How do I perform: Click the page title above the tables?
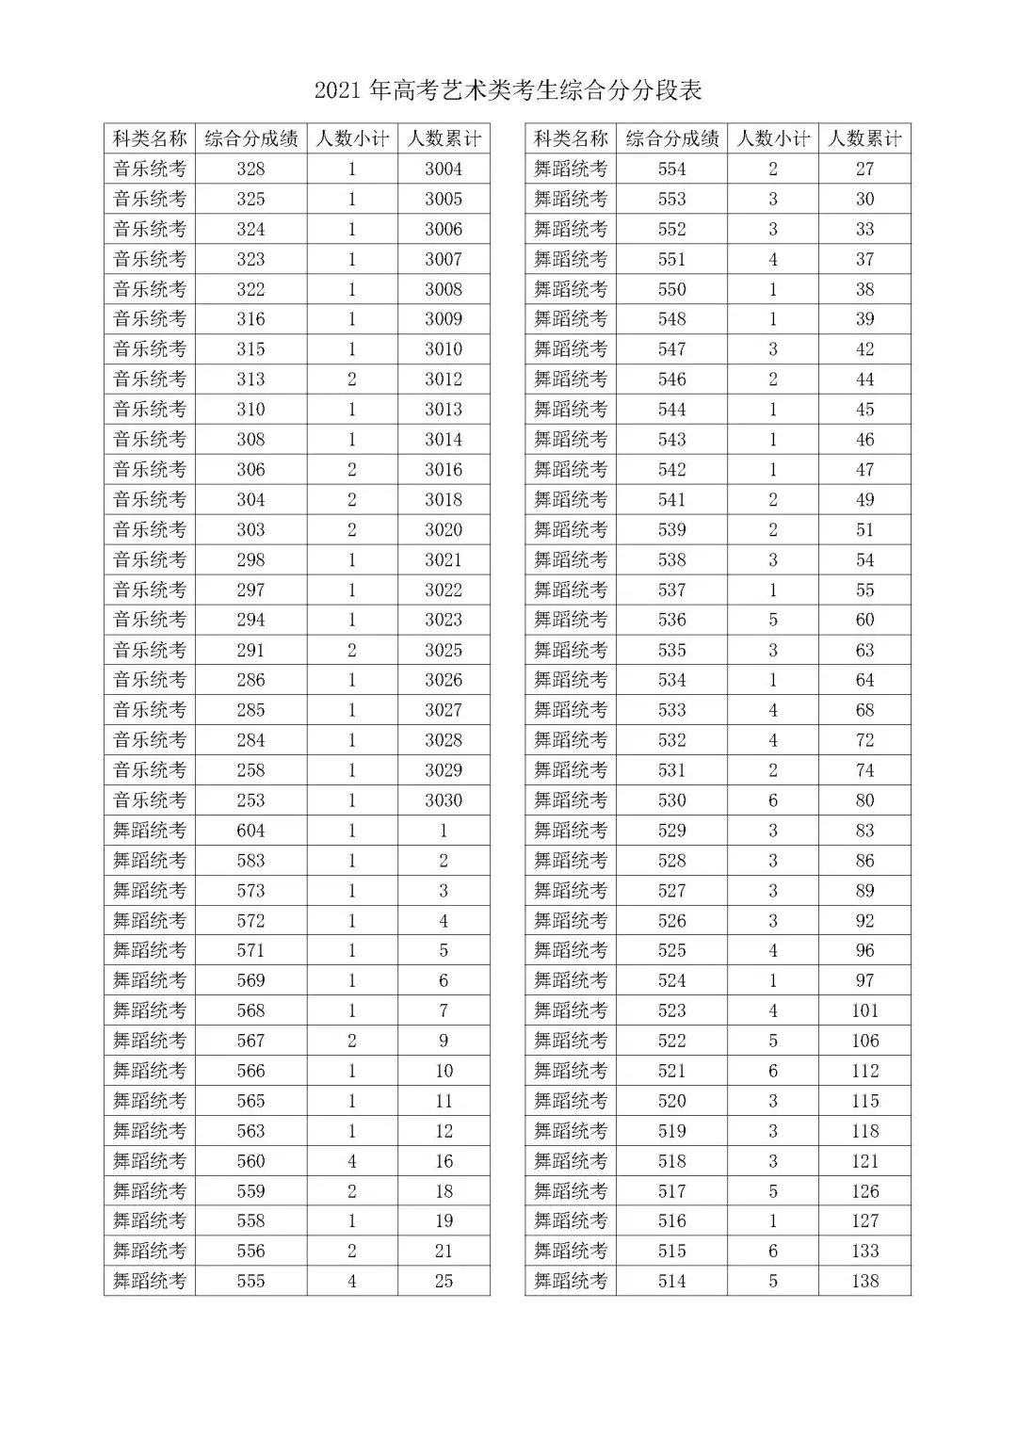tap(508, 91)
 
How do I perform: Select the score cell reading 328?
tap(250, 170)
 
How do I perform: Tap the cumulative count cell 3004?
tap(444, 170)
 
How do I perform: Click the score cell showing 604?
tap(250, 831)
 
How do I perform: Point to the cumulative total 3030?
tap(444, 800)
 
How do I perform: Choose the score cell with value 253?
tap(250, 800)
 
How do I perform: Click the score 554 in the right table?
tap(671, 170)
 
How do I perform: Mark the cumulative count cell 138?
tap(864, 1281)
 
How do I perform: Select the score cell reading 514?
tap(671, 1281)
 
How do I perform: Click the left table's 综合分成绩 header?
tap(250, 139)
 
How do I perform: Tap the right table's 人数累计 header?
tap(864, 139)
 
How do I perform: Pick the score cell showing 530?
tap(671, 800)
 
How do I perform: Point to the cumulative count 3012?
tap(444, 380)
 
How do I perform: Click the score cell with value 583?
tap(250, 861)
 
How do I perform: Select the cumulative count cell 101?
tap(864, 1010)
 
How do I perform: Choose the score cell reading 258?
tap(250, 770)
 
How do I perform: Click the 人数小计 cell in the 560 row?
tap(352, 1161)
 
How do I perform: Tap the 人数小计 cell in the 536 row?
tap(773, 620)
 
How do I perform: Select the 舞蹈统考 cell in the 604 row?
tap(150, 831)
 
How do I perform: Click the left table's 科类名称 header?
tap(150, 139)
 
